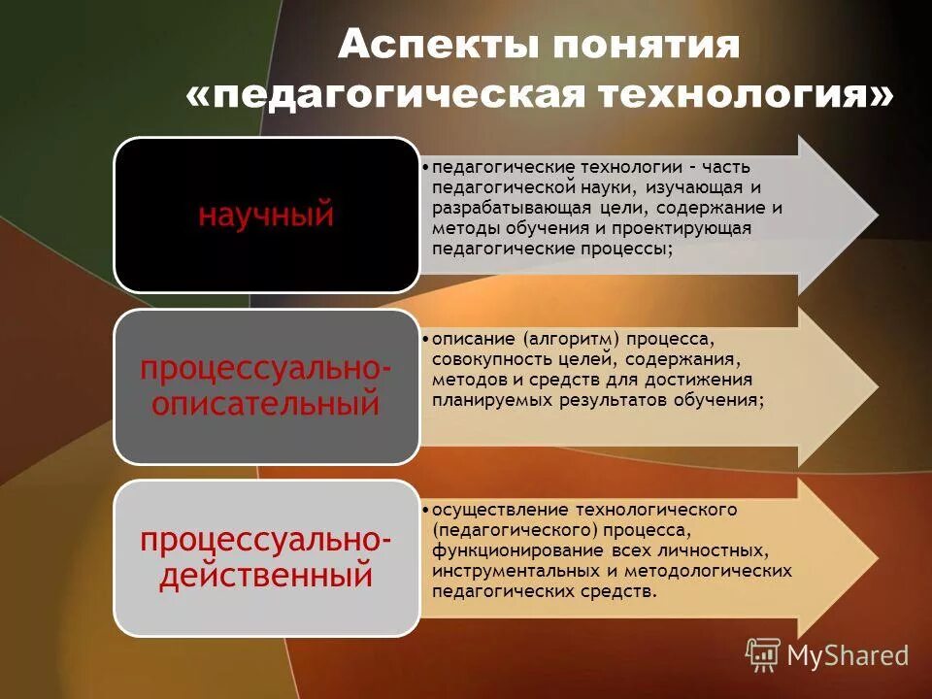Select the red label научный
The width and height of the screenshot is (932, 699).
[x=265, y=214]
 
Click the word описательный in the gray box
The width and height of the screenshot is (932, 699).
[x=267, y=403]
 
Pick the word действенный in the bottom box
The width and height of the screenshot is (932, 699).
[x=266, y=574]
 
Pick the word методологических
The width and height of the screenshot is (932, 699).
[x=719, y=571]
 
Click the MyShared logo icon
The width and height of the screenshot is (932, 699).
[x=763, y=655]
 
